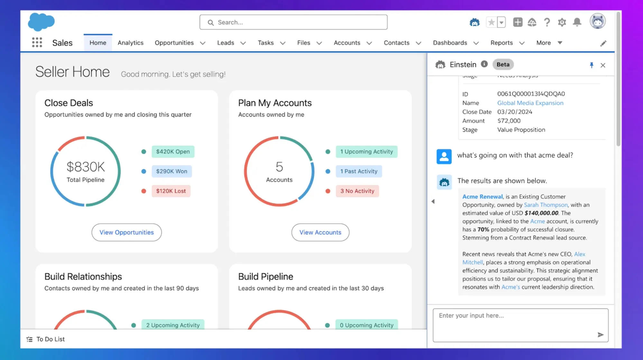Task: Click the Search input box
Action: click(293, 22)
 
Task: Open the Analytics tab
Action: click(130, 43)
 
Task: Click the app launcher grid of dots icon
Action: click(37, 42)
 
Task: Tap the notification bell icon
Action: click(577, 22)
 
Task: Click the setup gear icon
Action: click(562, 22)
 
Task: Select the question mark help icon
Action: click(547, 22)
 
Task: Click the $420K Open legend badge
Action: click(173, 152)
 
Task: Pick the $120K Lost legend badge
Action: click(171, 191)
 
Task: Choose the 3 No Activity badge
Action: click(357, 191)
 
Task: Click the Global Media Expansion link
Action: click(530, 103)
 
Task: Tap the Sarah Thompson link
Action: click(546, 205)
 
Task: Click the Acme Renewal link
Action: click(482, 196)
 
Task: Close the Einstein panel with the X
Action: click(603, 65)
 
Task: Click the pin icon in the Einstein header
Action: click(591, 65)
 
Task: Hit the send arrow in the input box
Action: click(600, 335)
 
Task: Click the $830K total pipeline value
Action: click(86, 167)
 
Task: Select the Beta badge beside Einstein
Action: click(503, 65)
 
